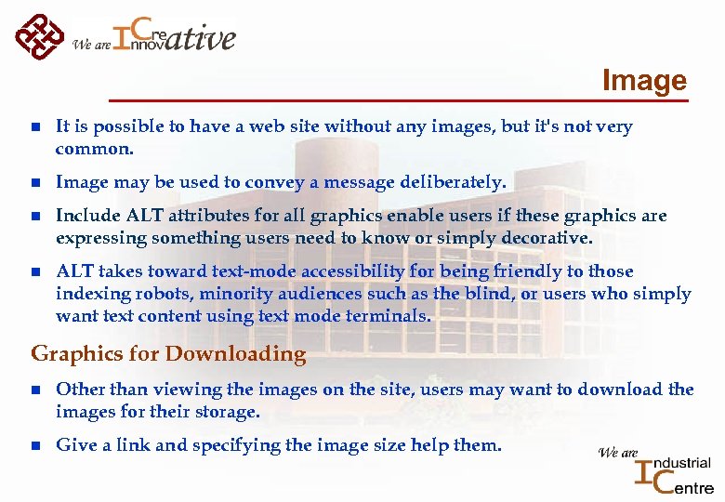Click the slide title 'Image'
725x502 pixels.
click(x=643, y=81)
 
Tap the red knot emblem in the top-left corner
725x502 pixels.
click(x=39, y=36)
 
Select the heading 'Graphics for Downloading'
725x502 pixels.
click(x=168, y=354)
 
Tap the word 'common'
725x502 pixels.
click(x=93, y=149)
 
